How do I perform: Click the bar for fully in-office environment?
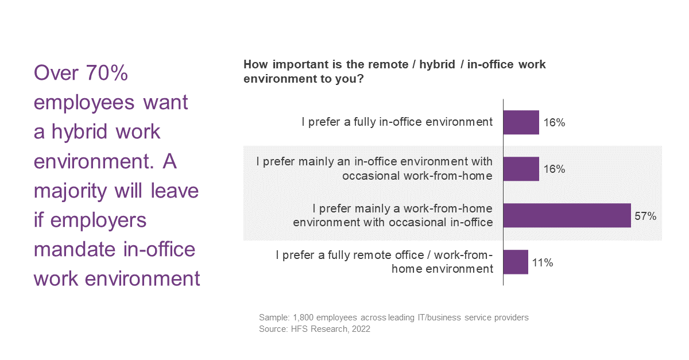pos(521,122)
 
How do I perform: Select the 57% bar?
pos(567,215)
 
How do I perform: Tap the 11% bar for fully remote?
pos(516,262)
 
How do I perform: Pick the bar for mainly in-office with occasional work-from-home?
pos(521,169)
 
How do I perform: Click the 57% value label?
pos(645,216)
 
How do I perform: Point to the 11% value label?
pos(543,262)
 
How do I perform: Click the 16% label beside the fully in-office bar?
pos(554,122)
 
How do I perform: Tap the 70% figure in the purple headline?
pos(106,73)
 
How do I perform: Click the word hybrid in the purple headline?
pos(80,131)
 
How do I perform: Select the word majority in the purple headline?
pos(71,191)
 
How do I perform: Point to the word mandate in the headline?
pos(74,249)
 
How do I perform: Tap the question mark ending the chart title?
pos(361,79)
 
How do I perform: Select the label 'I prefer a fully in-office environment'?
pos(397,122)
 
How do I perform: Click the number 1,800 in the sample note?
pos(303,318)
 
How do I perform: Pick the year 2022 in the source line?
pos(361,329)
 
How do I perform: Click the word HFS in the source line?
pos(300,329)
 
